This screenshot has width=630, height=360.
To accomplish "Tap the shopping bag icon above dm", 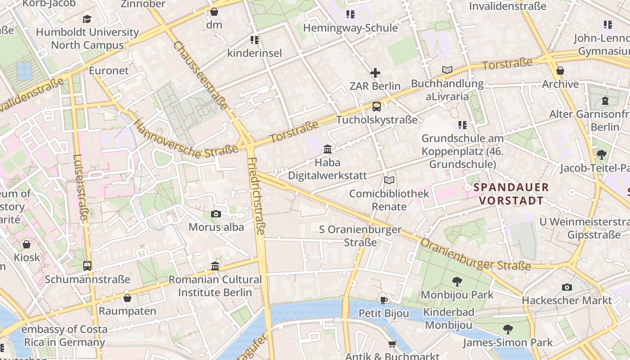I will pos(214,12).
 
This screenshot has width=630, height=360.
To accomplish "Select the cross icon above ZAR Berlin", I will pos(375,73).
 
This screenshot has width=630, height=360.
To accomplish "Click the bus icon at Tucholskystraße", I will pos(377,107).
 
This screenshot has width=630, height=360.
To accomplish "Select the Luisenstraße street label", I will pos(80,187).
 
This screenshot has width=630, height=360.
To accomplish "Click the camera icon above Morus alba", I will pos(216,214).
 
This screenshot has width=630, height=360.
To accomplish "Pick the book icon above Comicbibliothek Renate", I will pos(389,180).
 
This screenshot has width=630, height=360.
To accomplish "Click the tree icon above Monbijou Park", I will pos(457,282).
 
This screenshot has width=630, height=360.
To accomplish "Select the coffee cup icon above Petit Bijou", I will pos(383,300).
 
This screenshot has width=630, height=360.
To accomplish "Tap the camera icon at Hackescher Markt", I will pos(567,287).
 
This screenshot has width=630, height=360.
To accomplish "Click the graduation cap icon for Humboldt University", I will pos(87,19).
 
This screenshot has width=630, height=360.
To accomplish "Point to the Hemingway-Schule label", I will pos(350,28).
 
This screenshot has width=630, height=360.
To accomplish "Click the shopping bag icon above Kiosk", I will pos(27,244).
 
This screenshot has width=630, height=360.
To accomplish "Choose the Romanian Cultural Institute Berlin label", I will pos(215,286).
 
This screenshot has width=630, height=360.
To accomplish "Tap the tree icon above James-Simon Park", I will pos(508,329).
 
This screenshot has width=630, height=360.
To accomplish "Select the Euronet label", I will pos(108,71).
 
